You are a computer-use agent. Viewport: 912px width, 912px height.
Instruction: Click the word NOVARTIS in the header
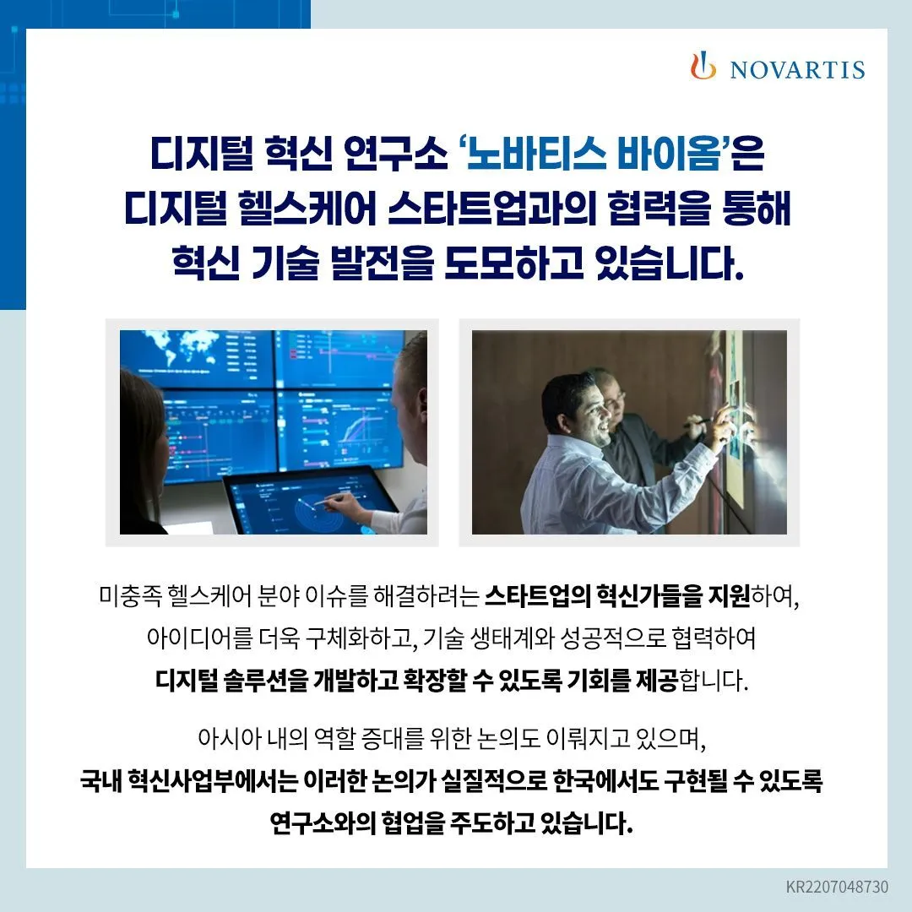point(797,69)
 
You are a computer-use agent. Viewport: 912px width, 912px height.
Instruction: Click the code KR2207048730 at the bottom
point(837,888)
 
